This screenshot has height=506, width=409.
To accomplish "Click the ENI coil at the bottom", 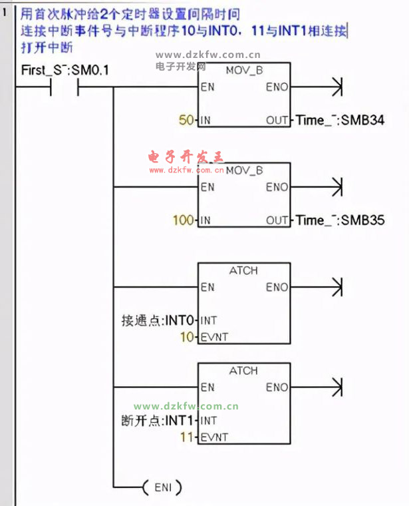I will pos(162,487).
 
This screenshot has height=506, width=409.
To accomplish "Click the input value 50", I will pos(186,121).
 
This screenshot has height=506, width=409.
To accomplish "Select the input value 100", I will pos(183,220).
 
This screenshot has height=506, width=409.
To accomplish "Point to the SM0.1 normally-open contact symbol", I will pos(65,87).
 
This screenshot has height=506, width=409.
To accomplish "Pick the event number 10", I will pos(187,337).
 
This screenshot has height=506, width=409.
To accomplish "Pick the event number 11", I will pos(187,437).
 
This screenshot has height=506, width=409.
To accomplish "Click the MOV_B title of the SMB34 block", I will pos(244,70).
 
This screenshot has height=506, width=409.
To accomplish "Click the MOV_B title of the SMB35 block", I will pos(244,170).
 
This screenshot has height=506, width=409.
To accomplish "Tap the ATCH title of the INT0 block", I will pos(243,271).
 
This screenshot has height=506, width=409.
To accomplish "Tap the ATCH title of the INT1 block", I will pos(243,371).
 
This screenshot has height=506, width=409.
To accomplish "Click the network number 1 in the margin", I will pos(5,12).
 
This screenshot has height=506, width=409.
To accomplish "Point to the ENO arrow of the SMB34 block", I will pos(336,87).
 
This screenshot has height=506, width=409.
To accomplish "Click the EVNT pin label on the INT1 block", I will pos(214,437).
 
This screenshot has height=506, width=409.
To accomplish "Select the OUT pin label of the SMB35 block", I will pos(277,220).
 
